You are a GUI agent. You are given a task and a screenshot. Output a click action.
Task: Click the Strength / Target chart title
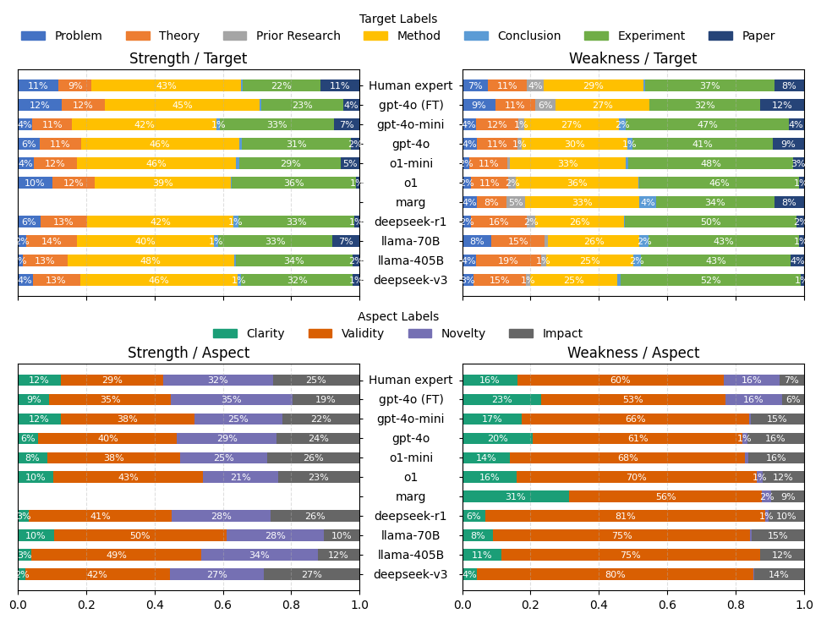[x=188, y=59]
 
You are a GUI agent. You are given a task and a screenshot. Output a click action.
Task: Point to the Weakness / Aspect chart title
[x=632, y=353]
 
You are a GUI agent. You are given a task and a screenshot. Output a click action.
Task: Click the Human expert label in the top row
[x=410, y=85]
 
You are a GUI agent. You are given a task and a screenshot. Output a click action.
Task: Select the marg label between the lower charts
[x=410, y=496]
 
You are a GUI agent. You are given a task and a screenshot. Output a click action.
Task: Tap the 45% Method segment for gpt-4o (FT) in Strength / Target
[x=182, y=105]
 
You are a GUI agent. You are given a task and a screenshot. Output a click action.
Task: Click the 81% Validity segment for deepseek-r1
[x=625, y=516]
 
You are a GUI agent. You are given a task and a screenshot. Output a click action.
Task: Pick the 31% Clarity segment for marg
[x=515, y=496]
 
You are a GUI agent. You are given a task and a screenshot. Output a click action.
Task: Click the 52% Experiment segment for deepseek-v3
[x=710, y=280]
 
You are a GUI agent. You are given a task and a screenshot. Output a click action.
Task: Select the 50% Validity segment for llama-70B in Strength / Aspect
[x=140, y=535]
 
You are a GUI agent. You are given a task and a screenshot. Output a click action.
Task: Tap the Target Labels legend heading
[x=398, y=19]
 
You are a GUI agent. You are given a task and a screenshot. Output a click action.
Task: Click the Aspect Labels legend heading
[x=398, y=316]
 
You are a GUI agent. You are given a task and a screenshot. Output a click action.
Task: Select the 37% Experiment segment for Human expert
[x=709, y=85]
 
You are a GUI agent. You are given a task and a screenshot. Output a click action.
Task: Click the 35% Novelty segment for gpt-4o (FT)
[x=231, y=399]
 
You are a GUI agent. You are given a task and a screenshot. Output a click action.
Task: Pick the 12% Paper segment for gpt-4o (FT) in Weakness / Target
[x=782, y=105]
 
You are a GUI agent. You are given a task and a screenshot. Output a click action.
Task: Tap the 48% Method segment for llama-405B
[x=151, y=260]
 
